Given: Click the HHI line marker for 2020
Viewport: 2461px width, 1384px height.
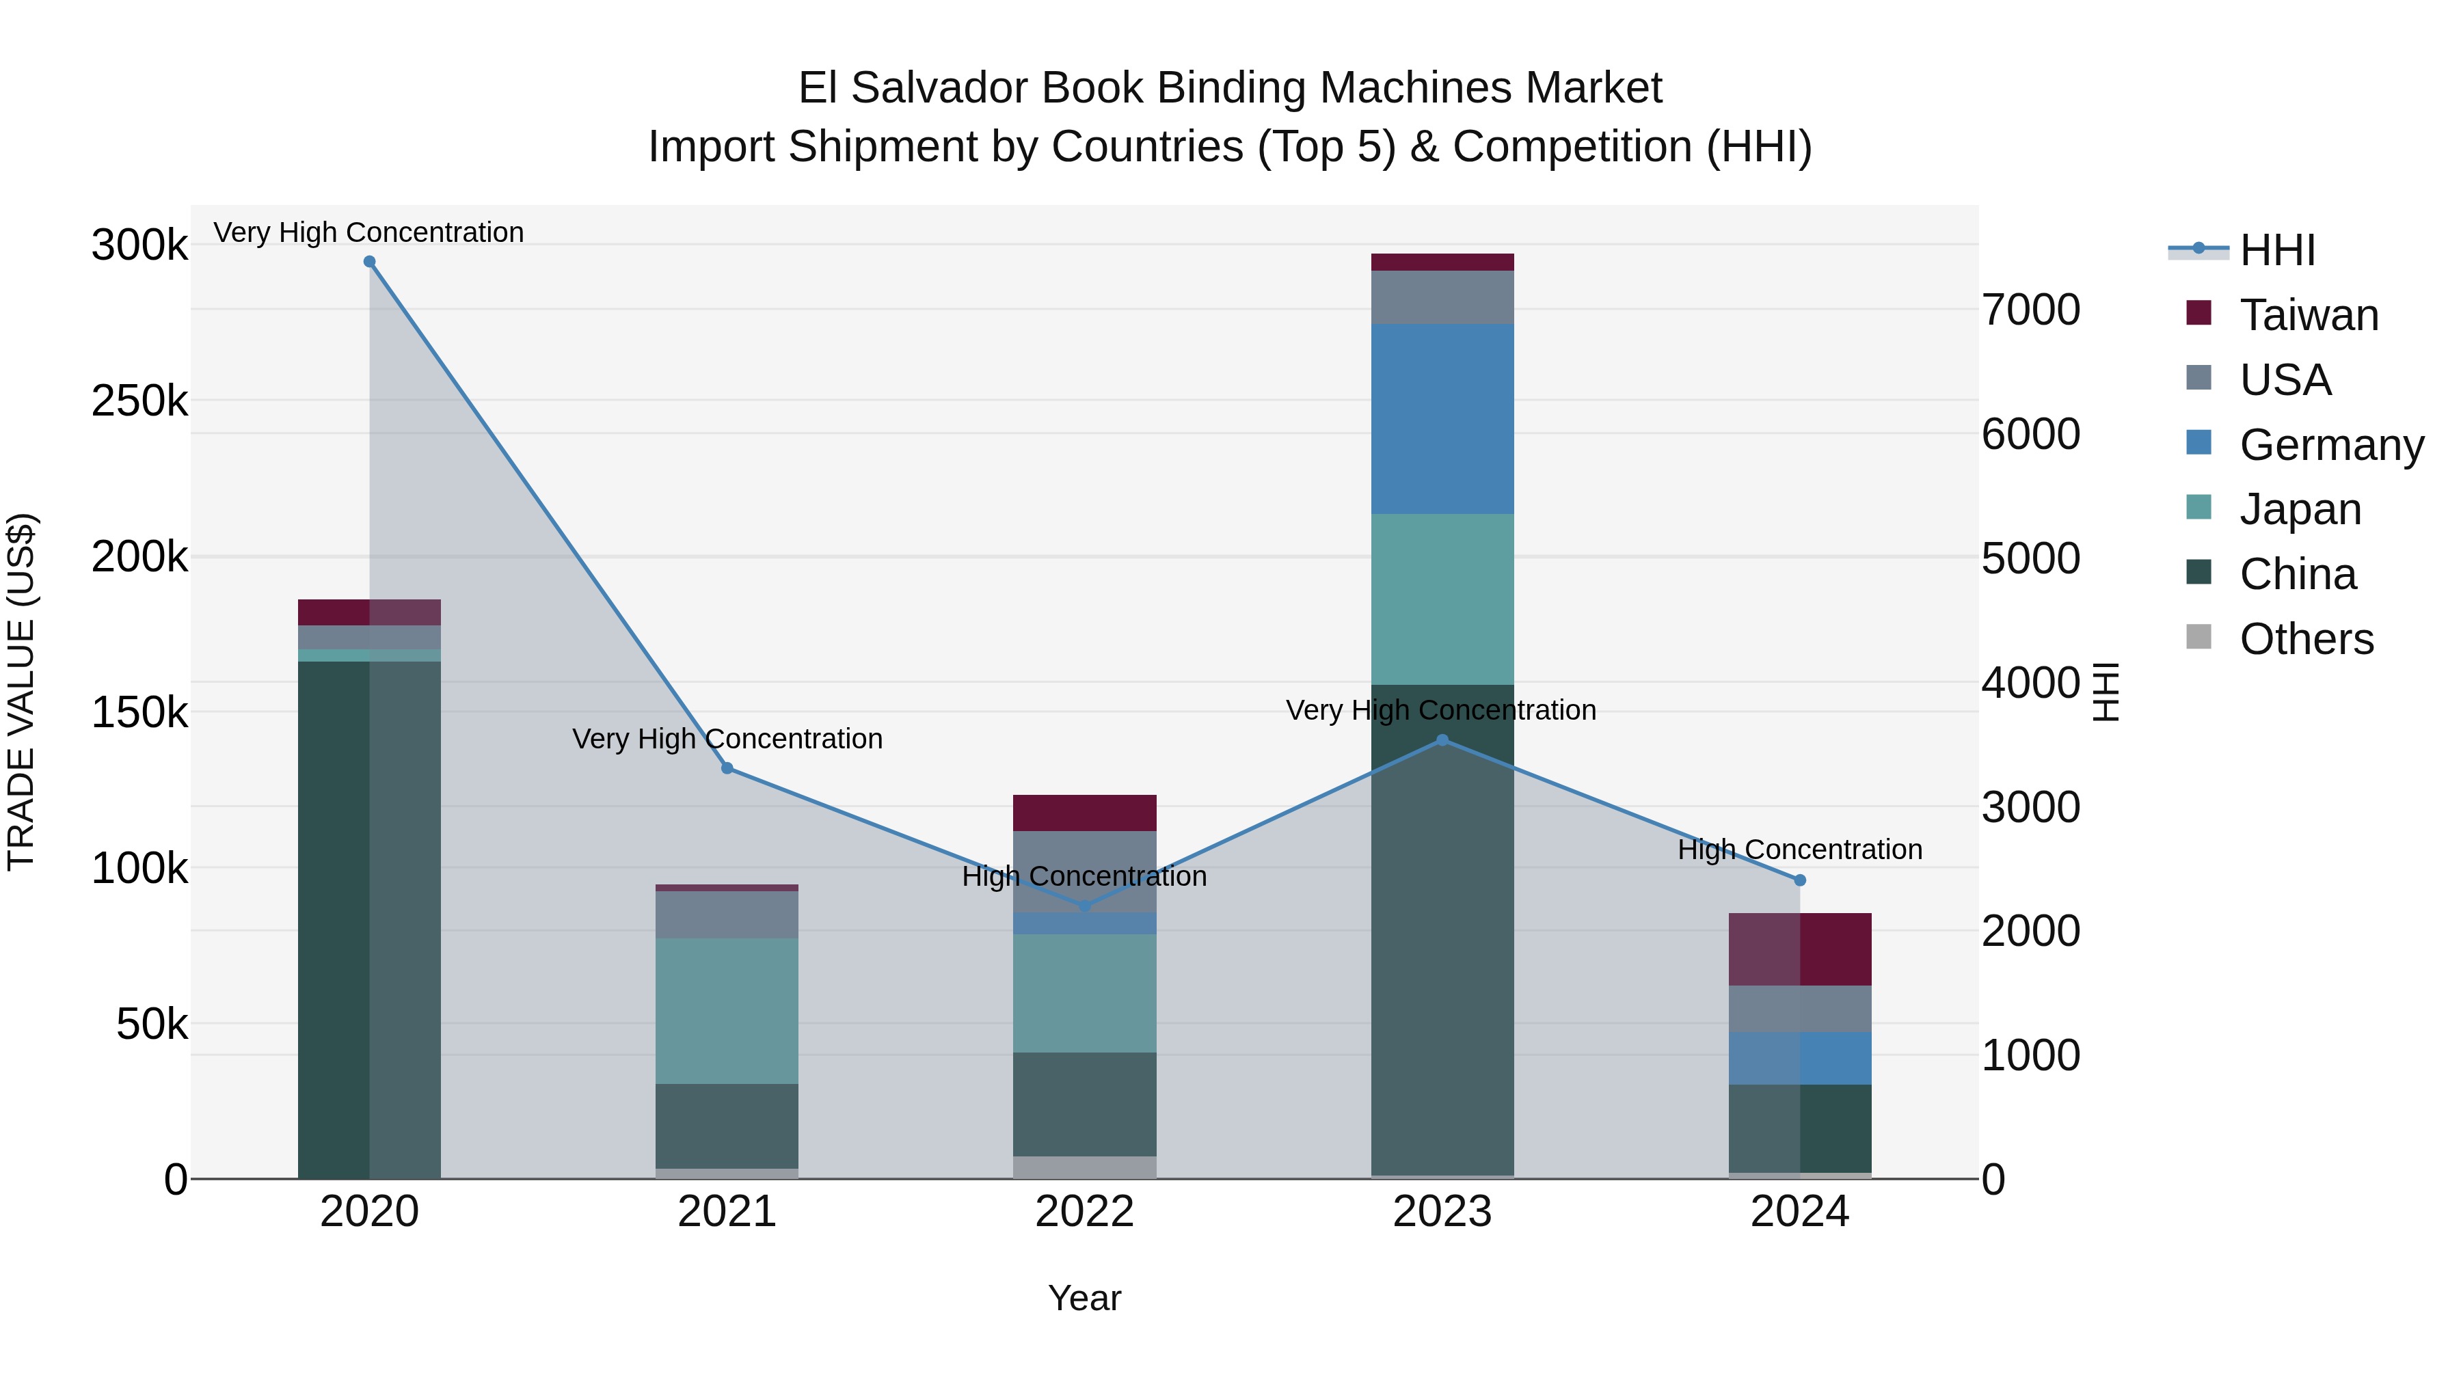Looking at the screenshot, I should coord(370,262).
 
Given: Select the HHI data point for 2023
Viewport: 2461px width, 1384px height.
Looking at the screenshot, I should coord(1442,740).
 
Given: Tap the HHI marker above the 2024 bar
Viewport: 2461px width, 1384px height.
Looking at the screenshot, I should coord(1800,880).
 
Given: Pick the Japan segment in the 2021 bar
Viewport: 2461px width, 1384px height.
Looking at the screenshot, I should coord(727,1011).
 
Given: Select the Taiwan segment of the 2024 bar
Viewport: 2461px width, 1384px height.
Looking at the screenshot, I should coord(1800,949).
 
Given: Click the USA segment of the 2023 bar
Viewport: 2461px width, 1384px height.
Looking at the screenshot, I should coord(1442,297).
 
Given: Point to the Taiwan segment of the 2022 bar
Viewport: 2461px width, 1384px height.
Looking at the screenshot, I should coord(1084,812).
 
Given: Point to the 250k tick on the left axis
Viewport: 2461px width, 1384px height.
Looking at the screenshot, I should coord(139,401).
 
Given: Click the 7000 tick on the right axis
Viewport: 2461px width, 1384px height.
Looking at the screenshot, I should coord(2031,310).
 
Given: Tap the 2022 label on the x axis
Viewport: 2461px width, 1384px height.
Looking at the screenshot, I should coord(1084,1212).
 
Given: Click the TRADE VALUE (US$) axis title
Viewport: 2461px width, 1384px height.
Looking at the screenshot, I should coord(21,692).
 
